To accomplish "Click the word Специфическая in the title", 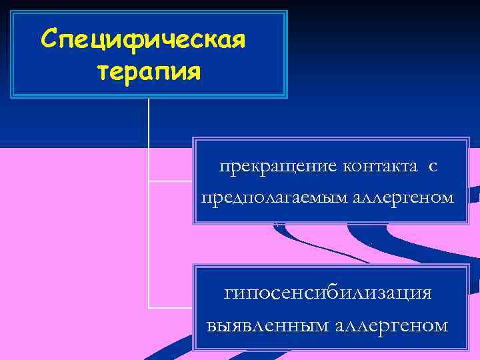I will click(143, 39).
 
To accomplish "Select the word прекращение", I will click(279, 166).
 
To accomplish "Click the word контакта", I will click(382, 166).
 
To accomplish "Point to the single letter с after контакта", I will click(433, 167).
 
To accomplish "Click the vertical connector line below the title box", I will click(148, 133).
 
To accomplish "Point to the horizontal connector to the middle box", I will click(170, 181).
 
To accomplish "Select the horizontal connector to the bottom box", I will click(170, 308).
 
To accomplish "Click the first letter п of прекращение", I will click(225, 167).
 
